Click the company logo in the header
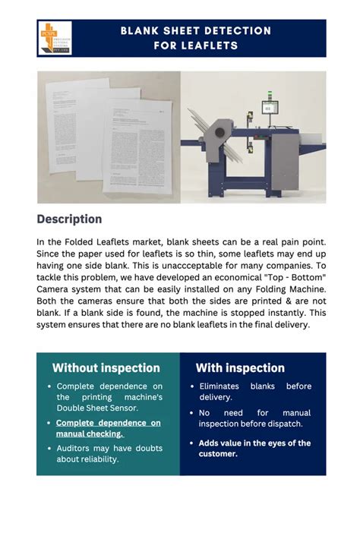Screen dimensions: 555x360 click(x=54, y=38)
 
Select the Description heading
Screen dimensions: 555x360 click(x=69, y=219)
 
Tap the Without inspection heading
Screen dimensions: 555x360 click(x=106, y=368)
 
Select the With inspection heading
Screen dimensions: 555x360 click(x=240, y=368)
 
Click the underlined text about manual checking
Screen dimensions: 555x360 click(x=108, y=428)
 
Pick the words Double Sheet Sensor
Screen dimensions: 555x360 click(x=99, y=408)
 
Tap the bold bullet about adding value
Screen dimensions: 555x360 click(x=254, y=448)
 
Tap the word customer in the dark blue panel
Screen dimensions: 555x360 click(x=219, y=454)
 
